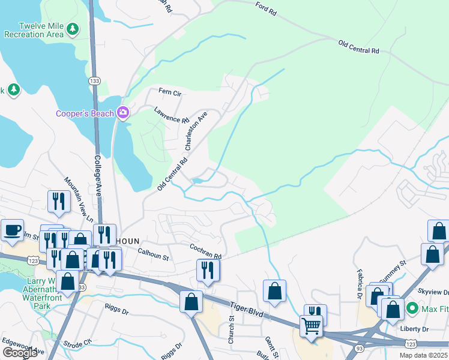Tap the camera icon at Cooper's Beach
[124, 113]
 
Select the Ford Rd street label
[265, 9]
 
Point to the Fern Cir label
[169, 92]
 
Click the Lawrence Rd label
[171, 115]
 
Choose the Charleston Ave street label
[196, 130]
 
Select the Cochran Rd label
[206, 251]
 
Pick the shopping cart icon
[312, 327]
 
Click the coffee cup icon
[12, 230]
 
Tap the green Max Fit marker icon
[412, 309]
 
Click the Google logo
[20, 353]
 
